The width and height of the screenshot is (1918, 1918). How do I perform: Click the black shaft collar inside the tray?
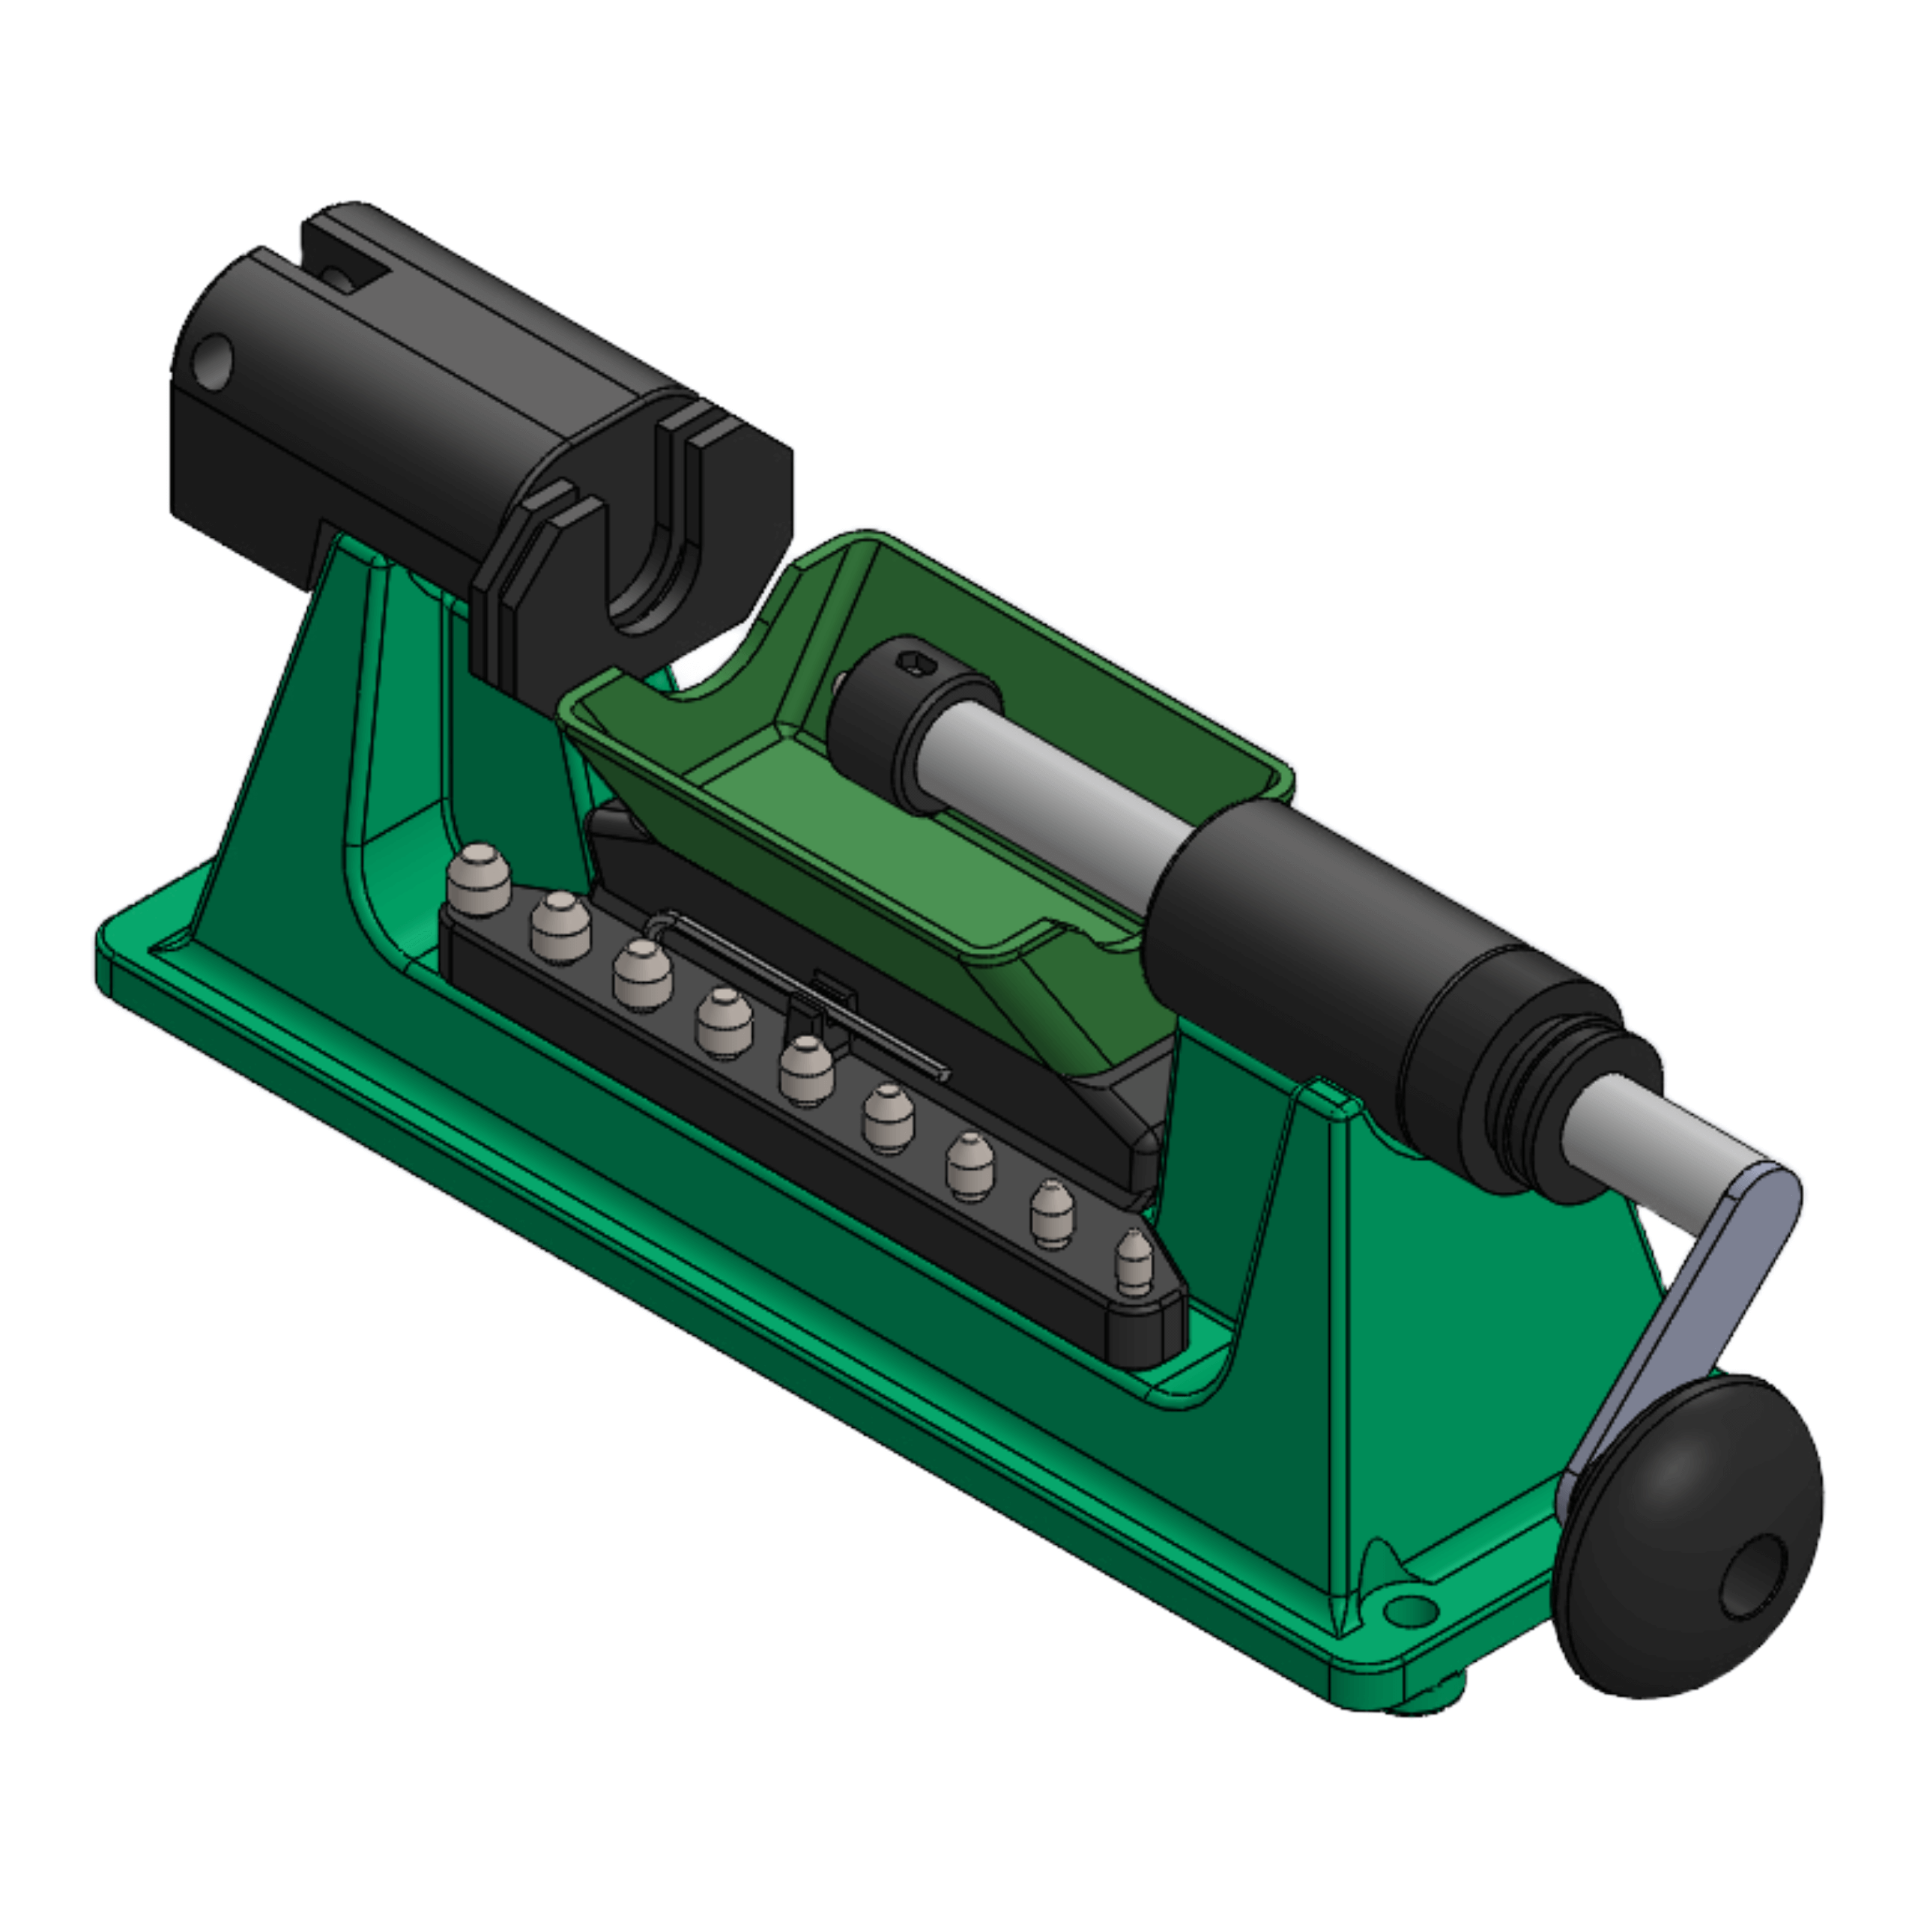874,724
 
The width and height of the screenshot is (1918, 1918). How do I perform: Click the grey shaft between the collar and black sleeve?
1053,794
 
